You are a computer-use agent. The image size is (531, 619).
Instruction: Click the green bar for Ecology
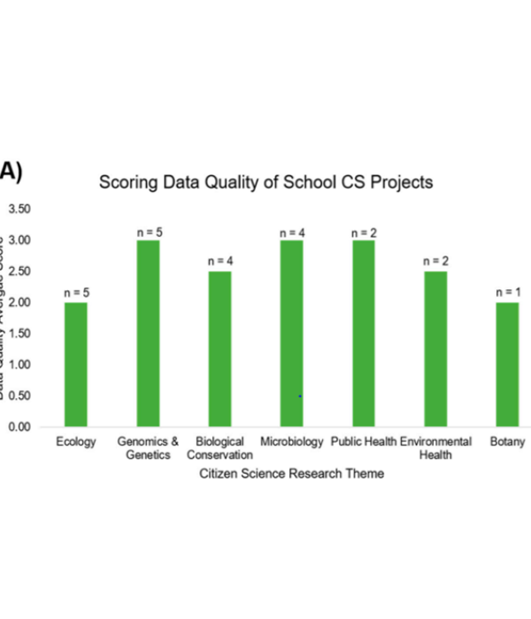click(76, 364)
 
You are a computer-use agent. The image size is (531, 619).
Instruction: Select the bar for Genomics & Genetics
click(148, 333)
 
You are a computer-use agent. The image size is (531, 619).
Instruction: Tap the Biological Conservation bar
click(219, 348)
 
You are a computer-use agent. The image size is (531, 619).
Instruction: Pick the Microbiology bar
click(291, 333)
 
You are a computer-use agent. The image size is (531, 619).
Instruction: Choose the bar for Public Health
click(363, 333)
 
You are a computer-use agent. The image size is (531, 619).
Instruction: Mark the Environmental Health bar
click(435, 348)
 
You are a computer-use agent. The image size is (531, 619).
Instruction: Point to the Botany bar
click(507, 364)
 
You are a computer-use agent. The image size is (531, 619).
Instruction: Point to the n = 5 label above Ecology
click(76, 292)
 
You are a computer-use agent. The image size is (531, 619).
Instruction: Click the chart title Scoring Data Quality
click(265, 183)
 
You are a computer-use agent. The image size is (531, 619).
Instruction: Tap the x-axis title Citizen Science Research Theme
click(291, 474)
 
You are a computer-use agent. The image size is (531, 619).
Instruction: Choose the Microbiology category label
click(292, 441)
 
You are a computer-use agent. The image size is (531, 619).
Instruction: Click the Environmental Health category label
click(435, 447)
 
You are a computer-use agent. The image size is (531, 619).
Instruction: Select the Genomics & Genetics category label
click(148, 447)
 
